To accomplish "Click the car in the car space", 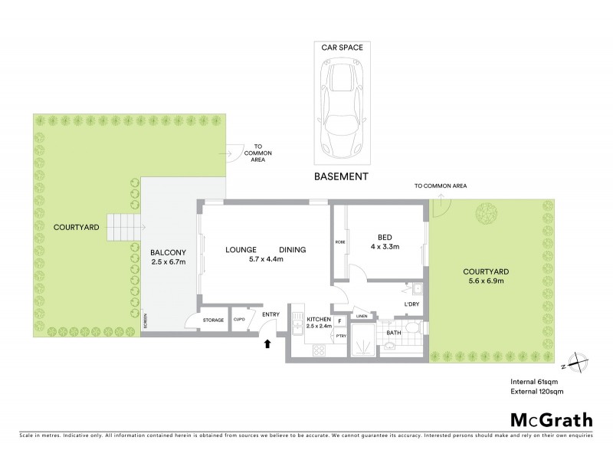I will tap(342, 107).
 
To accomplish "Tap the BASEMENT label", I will tap(342, 176).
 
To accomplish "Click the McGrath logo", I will tap(552, 419).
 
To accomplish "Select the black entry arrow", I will tap(267, 343).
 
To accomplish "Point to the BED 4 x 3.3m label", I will tap(385, 242).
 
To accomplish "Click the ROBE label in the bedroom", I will tap(339, 242).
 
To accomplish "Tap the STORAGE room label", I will tap(213, 320).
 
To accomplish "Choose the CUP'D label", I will tap(239, 319).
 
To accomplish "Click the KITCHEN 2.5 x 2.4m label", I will tap(318, 323).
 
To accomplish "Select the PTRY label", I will tap(341, 336).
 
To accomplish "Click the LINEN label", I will tap(362, 316).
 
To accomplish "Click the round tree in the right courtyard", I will tap(484, 211).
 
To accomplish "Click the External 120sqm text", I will tap(539, 392).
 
